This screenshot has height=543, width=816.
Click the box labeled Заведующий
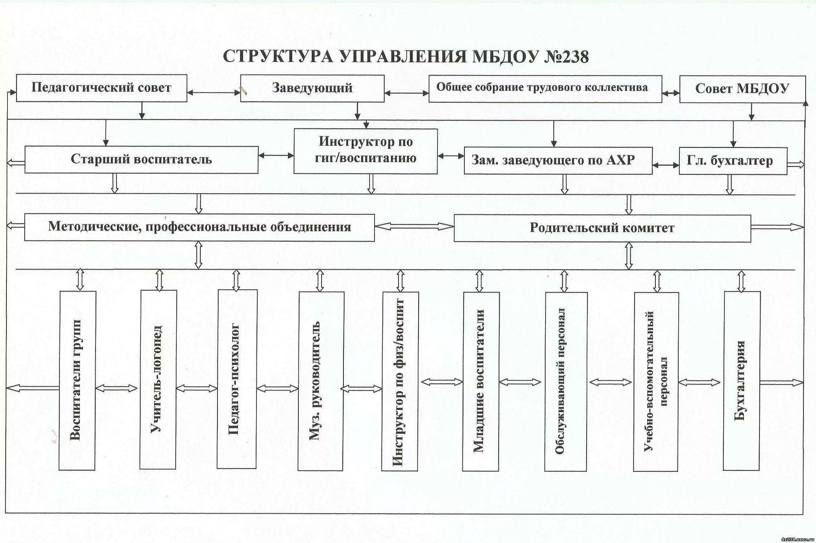tap(312, 88)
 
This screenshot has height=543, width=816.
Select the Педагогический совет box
tap(101, 88)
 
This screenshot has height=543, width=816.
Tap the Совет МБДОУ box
tap(742, 89)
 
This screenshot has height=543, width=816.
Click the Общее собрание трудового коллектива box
tap(545, 88)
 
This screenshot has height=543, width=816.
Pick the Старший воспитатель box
tap(141, 160)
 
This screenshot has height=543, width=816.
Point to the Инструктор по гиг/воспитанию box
tap(365, 151)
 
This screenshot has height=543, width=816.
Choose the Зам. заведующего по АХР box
tap(558, 160)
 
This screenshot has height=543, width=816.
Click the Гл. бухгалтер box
tap(733, 161)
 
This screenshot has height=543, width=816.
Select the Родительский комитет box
tap(602, 228)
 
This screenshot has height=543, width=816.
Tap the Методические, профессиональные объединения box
tap(199, 227)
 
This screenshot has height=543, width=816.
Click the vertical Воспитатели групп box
tap(77, 380)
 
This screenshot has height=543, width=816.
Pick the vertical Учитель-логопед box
tap(158, 379)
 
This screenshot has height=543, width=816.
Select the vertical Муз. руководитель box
tap(321, 381)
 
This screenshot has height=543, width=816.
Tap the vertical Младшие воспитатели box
tap(480, 381)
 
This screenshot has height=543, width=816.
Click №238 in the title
tap(566, 57)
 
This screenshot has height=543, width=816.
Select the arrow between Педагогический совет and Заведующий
tap(214, 93)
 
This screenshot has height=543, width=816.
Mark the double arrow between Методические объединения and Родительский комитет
tap(414, 226)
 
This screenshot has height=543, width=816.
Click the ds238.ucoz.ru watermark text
tap(796, 539)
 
